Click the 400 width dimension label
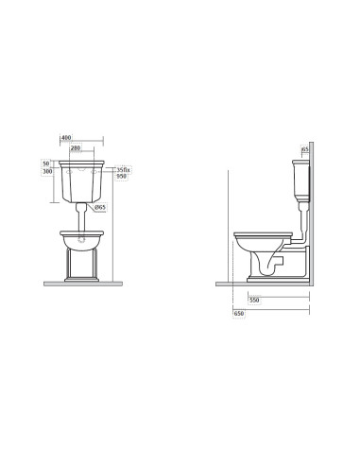pyautogui.click(x=66, y=139)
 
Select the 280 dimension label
pyautogui.click(x=87, y=148)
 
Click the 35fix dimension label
pyautogui.click(x=123, y=168)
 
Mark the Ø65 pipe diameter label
pyautogui.click(x=100, y=206)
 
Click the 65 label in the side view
pyautogui.click(x=306, y=148)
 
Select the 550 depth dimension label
pyautogui.click(x=254, y=300)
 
